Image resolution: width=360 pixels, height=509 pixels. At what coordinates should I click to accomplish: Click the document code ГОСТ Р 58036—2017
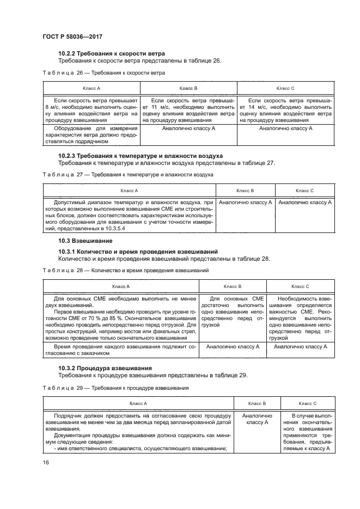click(x=72, y=36)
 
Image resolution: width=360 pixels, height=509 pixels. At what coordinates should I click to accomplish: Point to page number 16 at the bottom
click(x=46, y=462)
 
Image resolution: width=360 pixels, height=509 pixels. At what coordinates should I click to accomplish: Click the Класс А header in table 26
click(x=91, y=88)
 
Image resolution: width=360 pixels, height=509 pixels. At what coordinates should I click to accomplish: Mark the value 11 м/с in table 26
click(x=157, y=108)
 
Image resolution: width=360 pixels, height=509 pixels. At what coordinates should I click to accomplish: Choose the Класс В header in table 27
click(x=245, y=191)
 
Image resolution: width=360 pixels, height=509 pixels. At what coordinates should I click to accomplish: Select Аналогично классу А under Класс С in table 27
click(x=305, y=203)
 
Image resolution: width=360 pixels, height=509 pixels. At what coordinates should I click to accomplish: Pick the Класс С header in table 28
click(x=300, y=286)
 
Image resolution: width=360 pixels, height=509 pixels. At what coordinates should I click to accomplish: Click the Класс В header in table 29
click(x=256, y=403)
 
